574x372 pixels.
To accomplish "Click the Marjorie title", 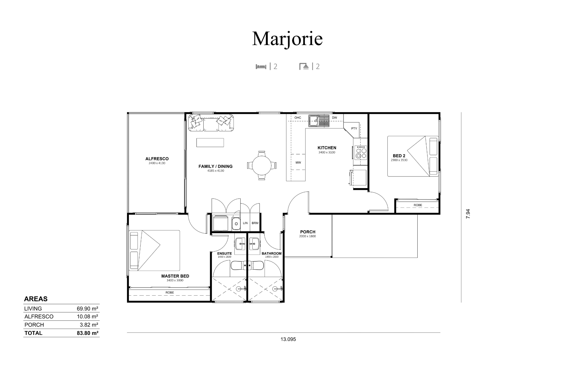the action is coord(287,39).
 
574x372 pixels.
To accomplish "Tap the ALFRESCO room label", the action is coord(157,159).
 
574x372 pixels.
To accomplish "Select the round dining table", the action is coord(262,165).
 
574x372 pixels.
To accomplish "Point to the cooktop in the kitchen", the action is coord(361,152).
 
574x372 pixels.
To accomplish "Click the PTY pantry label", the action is coord(354,128).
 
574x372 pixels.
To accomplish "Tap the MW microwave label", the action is coord(298,163).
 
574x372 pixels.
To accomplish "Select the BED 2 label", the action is coord(399,156).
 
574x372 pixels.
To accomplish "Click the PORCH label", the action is coord(308,232).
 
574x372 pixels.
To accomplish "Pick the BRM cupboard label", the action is coord(255,223).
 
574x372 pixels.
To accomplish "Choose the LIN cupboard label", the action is coord(245,223).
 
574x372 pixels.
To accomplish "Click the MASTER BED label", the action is coord(175,276).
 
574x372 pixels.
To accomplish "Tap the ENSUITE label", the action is coord(225,253).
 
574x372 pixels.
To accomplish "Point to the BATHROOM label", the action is coord(271,253).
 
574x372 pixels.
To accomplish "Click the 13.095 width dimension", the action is coord(288,339).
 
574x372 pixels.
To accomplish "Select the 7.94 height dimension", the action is coord(468,214).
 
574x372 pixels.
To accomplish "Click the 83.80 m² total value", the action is coord(88,333).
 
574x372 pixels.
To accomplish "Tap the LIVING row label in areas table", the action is coord(33,309).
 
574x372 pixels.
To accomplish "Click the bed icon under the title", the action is coord(261,66).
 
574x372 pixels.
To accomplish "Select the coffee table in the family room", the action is coord(210,143).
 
